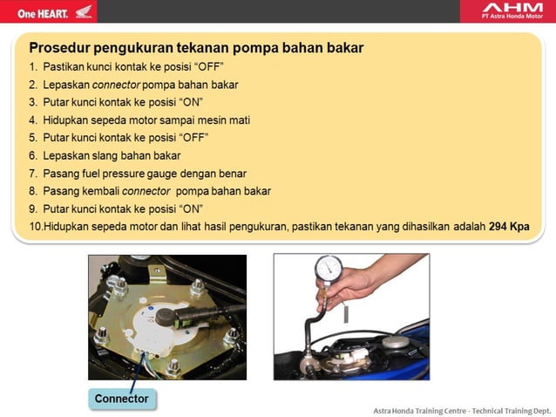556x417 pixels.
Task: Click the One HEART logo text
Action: coord(36,12)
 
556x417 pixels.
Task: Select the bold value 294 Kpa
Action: coord(509,225)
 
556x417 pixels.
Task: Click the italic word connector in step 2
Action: coord(121,85)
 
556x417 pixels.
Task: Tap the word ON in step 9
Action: coord(191,208)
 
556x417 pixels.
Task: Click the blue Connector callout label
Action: coord(121,399)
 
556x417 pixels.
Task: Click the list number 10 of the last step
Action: coord(35,226)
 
